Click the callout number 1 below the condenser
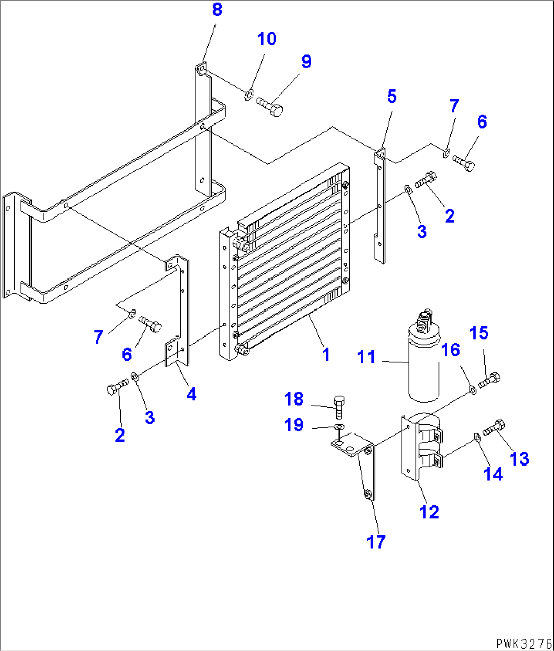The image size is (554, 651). coord(326,354)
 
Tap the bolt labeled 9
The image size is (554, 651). coord(269,107)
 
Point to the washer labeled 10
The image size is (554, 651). coord(249,94)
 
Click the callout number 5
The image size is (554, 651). coord(391,96)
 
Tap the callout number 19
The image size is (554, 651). coord(294,425)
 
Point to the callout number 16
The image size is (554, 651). coord(451,350)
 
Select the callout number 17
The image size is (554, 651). coord(376,542)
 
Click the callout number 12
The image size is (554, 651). coord(429,511)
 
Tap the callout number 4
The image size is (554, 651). coord(191,393)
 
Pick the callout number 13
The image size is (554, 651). coord(519,458)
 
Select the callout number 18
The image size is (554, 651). coord(294,399)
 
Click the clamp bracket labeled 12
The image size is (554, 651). coord(419,447)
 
